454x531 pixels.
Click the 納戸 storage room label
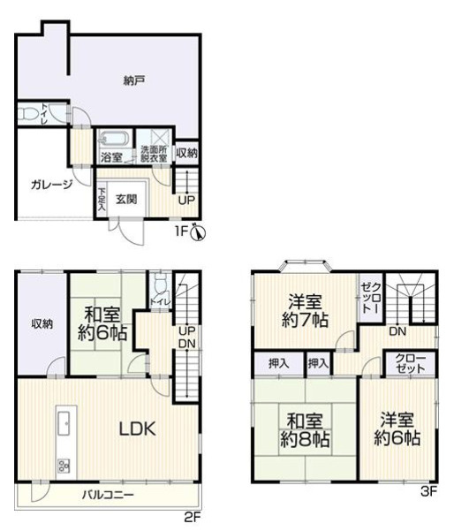click(x=134, y=80)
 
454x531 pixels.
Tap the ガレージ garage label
click(x=51, y=185)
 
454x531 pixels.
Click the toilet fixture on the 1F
click(x=27, y=114)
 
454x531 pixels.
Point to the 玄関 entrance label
click(x=126, y=199)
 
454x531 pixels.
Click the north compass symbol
click(x=199, y=232)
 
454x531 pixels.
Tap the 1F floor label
click(x=181, y=231)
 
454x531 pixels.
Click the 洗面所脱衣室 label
click(x=154, y=154)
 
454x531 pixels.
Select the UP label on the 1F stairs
click(x=186, y=201)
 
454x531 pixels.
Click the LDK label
click(x=137, y=429)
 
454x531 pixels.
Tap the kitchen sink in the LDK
click(x=64, y=422)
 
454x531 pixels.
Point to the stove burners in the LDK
click(x=64, y=465)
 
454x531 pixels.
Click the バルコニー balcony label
click(x=108, y=495)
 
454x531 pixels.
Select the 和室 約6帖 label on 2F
click(x=102, y=323)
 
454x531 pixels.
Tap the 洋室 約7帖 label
click(x=305, y=310)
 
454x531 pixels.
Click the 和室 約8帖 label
click(x=305, y=430)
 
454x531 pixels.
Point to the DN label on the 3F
click(x=397, y=331)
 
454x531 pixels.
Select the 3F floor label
click(x=429, y=491)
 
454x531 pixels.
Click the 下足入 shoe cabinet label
click(x=102, y=200)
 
